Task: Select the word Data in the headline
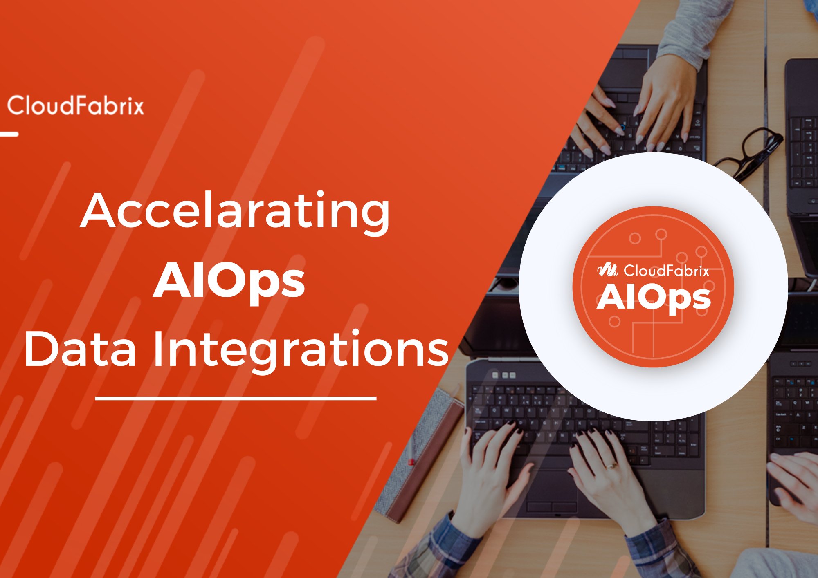80,350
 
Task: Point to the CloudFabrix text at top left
76,105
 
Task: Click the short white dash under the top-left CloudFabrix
9,134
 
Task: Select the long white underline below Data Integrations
236,397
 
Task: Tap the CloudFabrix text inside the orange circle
666,270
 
